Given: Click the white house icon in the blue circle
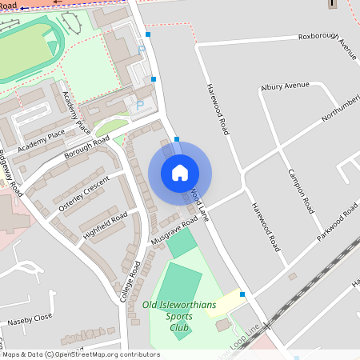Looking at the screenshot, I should [180, 173].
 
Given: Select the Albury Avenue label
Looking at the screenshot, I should [284, 86].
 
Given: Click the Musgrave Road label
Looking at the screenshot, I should [174, 231].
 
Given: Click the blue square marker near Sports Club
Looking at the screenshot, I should [242, 295].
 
